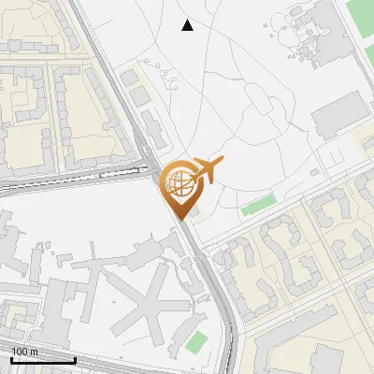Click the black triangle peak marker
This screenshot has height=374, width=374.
pos(187,25)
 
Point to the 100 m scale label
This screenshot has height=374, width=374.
pos(24,351)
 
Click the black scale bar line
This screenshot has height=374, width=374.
pos(42,359)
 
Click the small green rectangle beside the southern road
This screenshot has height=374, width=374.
pos(196,342)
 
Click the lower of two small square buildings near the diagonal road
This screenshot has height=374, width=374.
pos(138,95)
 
